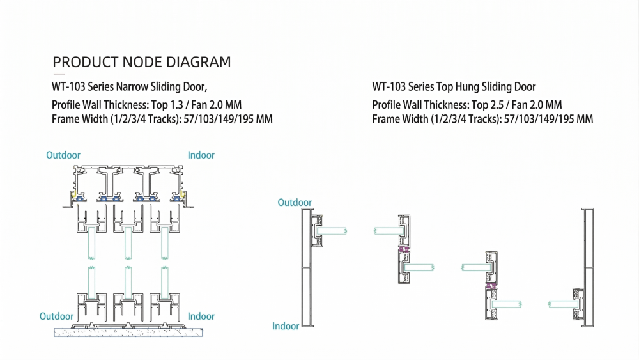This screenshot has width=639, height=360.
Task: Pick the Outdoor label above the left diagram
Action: coord(63,155)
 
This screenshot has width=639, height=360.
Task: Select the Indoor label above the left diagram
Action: coord(201,155)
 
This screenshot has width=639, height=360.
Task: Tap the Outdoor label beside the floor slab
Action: coord(57,317)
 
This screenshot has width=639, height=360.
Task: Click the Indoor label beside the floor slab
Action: coord(201,317)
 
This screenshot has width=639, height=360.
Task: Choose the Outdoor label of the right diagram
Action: coord(295,203)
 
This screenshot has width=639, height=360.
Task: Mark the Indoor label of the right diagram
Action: coord(286,326)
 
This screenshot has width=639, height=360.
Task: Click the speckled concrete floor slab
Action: coord(128,332)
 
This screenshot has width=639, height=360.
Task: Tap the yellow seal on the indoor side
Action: coord(183,193)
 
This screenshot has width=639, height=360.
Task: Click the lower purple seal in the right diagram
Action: coord(491,289)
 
